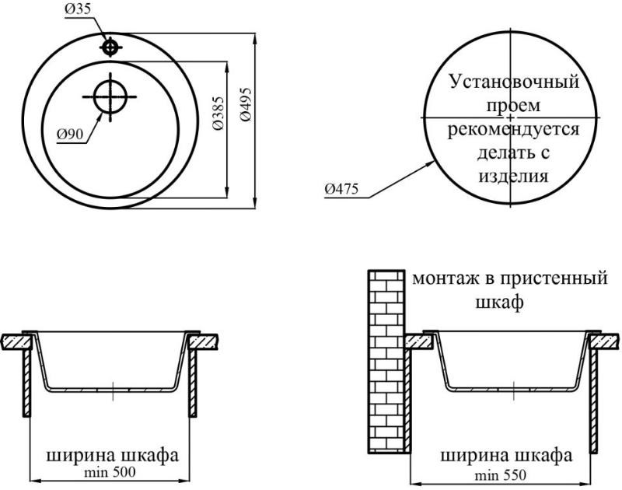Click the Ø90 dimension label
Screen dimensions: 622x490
tap(70, 135)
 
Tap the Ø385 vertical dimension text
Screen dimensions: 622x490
tap(218, 113)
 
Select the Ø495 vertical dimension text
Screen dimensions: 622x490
tap(246, 104)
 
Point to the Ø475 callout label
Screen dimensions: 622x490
tap(341, 189)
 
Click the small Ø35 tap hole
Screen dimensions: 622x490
tap(110, 47)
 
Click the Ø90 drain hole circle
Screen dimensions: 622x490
tap(110, 96)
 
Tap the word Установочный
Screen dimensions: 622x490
tap(514, 82)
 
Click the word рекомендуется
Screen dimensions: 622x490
tap(513, 130)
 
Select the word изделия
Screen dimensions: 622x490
tap(513, 175)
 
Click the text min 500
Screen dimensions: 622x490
tap(110, 472)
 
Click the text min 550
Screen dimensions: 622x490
tap(501, 475)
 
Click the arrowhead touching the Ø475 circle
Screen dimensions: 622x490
tap(431, 163)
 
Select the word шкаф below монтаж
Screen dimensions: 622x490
tap(499, 303)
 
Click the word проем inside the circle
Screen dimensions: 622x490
tap(513, 107)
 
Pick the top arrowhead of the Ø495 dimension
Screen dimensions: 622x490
tap(256, 38)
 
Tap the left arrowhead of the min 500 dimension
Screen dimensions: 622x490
tap(35, 481)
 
